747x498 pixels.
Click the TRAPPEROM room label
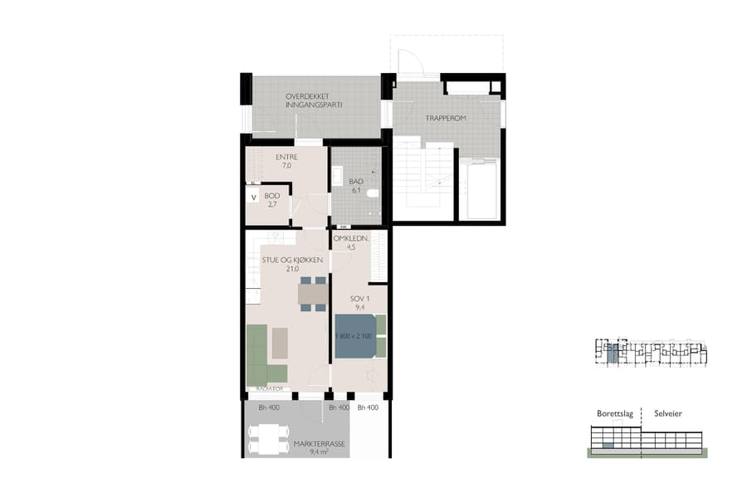click(x=446, y=119)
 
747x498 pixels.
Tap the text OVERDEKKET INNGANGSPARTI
click(x=314, y=101)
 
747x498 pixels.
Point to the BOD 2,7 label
click(x=271, y=199)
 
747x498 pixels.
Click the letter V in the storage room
click(x=253, y=198)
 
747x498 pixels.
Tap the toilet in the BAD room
click(x=373, y=193)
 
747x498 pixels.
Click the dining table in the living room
click(x=313, y=294)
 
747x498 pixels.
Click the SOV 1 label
click(x=359, y=301)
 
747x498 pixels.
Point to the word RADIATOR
click(x=270, y=388)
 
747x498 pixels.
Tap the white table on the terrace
click(x=267, y=439)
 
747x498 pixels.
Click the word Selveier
click(x=668, y=413)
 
